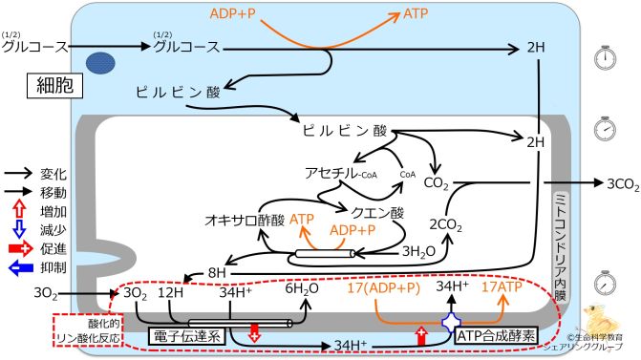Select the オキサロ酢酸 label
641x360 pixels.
pyautogui.click(x=243, y=220)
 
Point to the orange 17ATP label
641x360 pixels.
pyautogui.click(x=502, y=286)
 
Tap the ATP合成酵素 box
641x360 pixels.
pyautogui.click(x=496, y=336)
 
